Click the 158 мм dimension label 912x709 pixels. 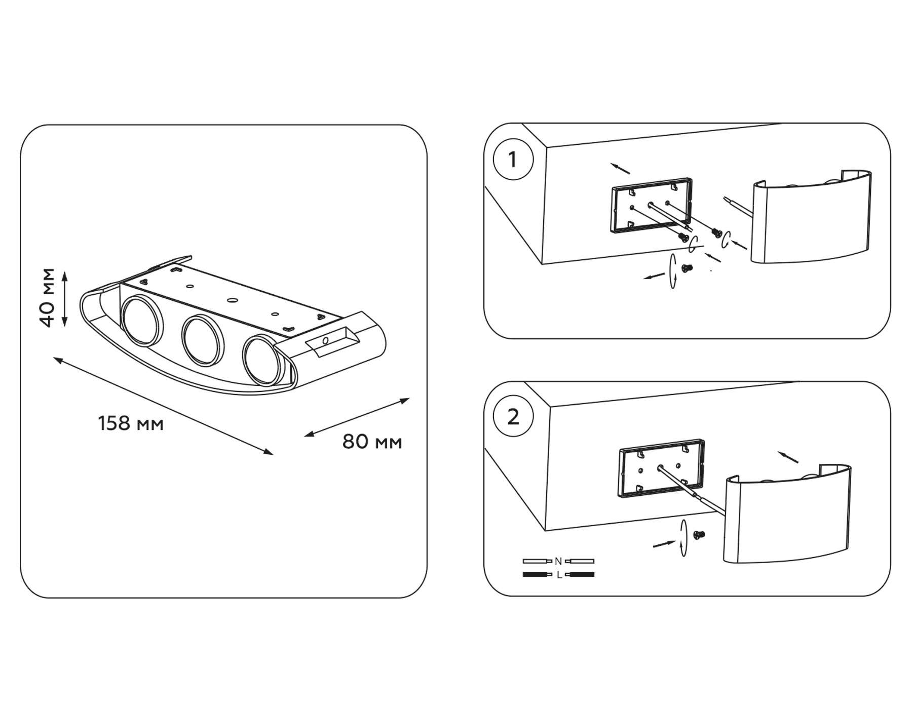click(x=131, y=423)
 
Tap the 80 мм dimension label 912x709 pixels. click(x=372, y=442)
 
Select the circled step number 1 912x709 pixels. click(x=513, y=160)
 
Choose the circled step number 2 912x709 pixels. click(x=513, y=417)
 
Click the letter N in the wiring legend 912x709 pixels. click(x=558, y=561)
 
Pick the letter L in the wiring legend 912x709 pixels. click(x=558, y=575)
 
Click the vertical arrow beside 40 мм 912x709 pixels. click(x=64, y=299)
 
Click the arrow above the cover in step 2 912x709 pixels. click(x=788, y=457)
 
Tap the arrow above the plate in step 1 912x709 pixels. click(x=620, y=168)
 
